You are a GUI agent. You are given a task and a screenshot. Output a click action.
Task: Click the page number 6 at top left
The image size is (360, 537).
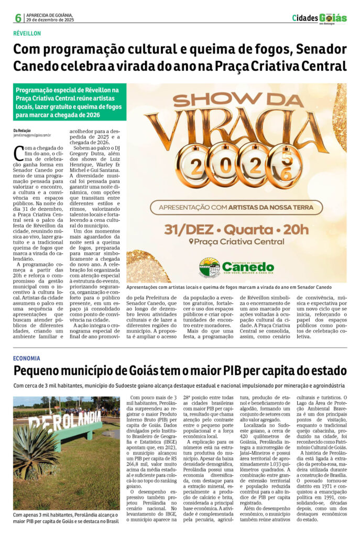coord(18,18)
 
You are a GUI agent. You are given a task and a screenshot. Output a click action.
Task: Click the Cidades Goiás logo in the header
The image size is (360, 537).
coord(319,18)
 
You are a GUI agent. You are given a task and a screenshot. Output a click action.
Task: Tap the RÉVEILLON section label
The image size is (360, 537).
coord(27,34)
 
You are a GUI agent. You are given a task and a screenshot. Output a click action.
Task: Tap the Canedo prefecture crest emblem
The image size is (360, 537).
coord(210,267)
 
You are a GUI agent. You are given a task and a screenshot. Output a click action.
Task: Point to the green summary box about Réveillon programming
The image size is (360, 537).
coord(70,102)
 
